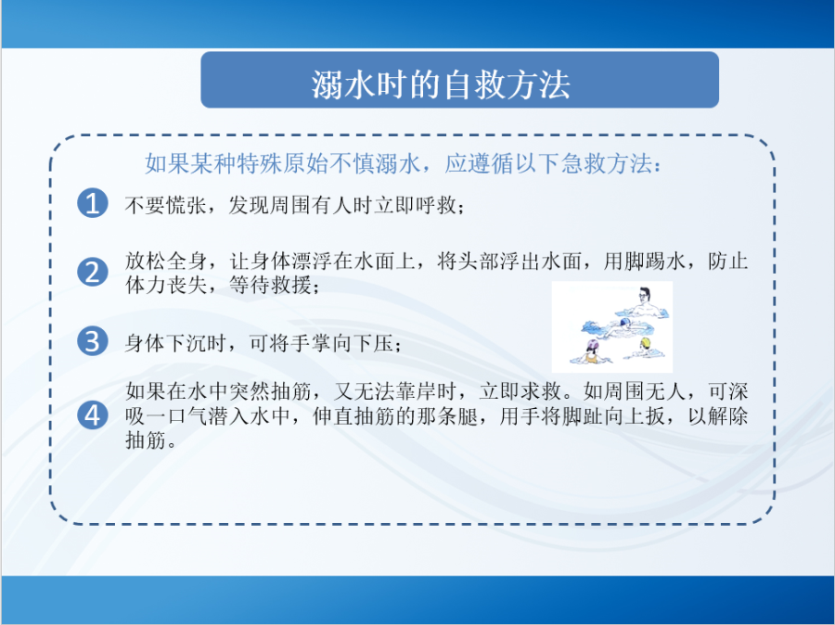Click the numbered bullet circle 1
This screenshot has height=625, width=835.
(x=93, y=203)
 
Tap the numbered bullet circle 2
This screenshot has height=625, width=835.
(x=93, y=272)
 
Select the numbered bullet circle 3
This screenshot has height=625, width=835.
(x=93, y=340)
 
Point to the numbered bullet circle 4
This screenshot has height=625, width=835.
(x=93, y=415)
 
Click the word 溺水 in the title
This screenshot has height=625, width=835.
(x=343, y=84)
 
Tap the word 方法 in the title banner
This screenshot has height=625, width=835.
(x=538, y=84)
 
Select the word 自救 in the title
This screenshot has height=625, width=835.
(x=473, y=84)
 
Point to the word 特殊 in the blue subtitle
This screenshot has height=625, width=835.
(x=260, y=163)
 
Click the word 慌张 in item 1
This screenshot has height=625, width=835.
(x=186, y=205)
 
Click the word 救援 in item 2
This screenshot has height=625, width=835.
(x=291, y=286)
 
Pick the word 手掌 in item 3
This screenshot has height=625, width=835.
(x=312, y=343)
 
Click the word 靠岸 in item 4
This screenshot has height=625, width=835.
(x=416, y=391)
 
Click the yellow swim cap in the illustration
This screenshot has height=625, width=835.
(x=646, y=343)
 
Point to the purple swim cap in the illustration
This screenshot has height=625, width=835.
(x=593, y=346)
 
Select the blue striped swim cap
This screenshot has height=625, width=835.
(x=625, y=322)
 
